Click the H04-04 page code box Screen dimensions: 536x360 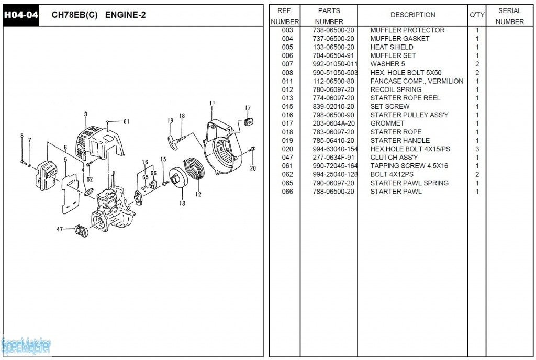pos(20,15)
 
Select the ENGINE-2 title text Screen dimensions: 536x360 pos(126,15)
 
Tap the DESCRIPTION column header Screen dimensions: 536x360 pos(412,15)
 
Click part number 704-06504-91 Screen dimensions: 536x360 pos(333,55)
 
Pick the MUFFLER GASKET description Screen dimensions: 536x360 pos(399,39)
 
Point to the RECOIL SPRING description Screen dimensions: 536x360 pos(396,89)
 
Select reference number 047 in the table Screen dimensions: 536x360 pos(287,157)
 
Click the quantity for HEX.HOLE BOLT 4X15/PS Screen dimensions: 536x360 pos(477,149)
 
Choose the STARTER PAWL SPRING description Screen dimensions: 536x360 pos(409,183)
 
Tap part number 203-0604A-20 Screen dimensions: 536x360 pos(333,123)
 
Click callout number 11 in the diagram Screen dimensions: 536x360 pos(212,103)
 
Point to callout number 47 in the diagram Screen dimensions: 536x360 pos(60,229)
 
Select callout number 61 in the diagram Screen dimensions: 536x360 pos(127,121)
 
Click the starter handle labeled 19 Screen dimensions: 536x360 pos(174,141)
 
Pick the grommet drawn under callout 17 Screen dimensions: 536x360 pos(249,121)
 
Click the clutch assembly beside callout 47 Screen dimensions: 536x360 pos(81,231)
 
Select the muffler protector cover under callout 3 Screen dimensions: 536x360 pos(99,143)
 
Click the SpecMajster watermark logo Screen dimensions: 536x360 pos(26,346)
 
